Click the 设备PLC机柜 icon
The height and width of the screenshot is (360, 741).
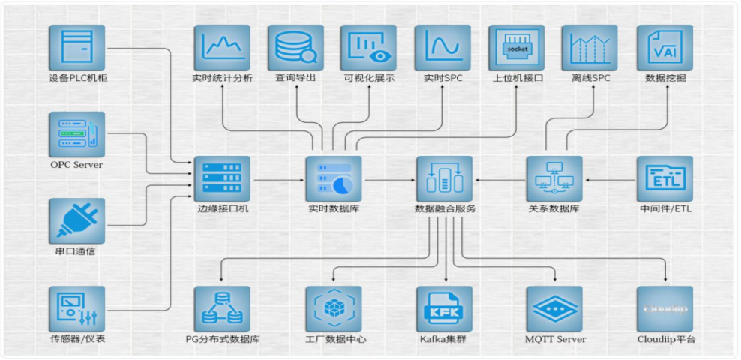pyautogui.click(x=76, y=47)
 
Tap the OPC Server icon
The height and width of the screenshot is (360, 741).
pyautogui.click(x=76, y=135)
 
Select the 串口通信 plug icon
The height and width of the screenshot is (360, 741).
pyautogui.click(x=76, y=221)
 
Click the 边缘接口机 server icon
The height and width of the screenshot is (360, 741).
pyautogui.click(x=222, y=179)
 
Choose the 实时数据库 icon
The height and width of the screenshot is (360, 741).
pyautogui.click(x=333, y=179)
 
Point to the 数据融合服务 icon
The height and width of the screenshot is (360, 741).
pyautogui.click(x=444, y=179)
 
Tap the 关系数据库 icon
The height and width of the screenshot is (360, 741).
pyautogui.click(x=554, y=179)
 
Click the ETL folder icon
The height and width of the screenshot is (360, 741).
pyautogui.click(x=664, y=179)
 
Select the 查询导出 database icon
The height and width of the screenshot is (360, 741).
pyautogui.click(x=295, y=47)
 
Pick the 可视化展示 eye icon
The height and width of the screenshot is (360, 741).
pyautogui.click(x=368, y=47)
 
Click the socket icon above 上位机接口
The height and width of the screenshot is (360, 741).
pyautogui.click(x=517, y=47)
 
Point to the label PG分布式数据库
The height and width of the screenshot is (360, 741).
pyautogui.click(x=223, y=340)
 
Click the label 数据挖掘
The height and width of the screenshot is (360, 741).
pyautogui.click(x=664, y=77)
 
